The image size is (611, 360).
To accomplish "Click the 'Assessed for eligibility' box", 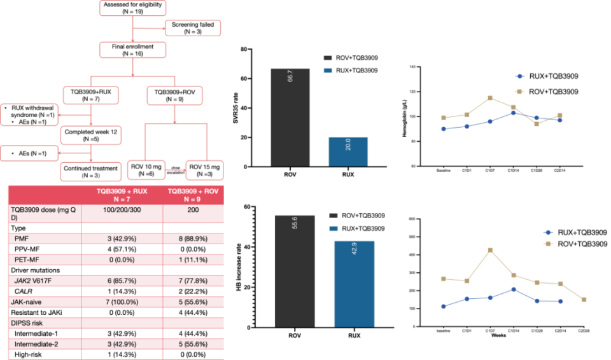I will click(x=131, y=8).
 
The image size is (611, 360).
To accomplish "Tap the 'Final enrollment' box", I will click(x=131, y=49).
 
